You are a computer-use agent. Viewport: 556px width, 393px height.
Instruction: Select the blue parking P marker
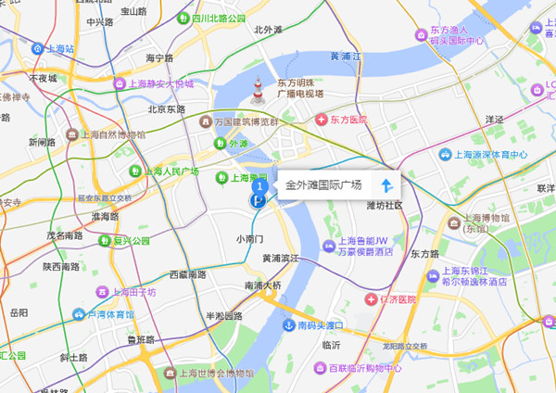[x=256, y=200]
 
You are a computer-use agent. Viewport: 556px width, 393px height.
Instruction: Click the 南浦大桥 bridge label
[x=262, y=285]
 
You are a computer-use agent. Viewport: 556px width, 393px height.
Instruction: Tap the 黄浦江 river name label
[x=347, y=57]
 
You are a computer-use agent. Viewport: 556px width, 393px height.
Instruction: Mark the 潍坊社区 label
[x=385, y=205]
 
